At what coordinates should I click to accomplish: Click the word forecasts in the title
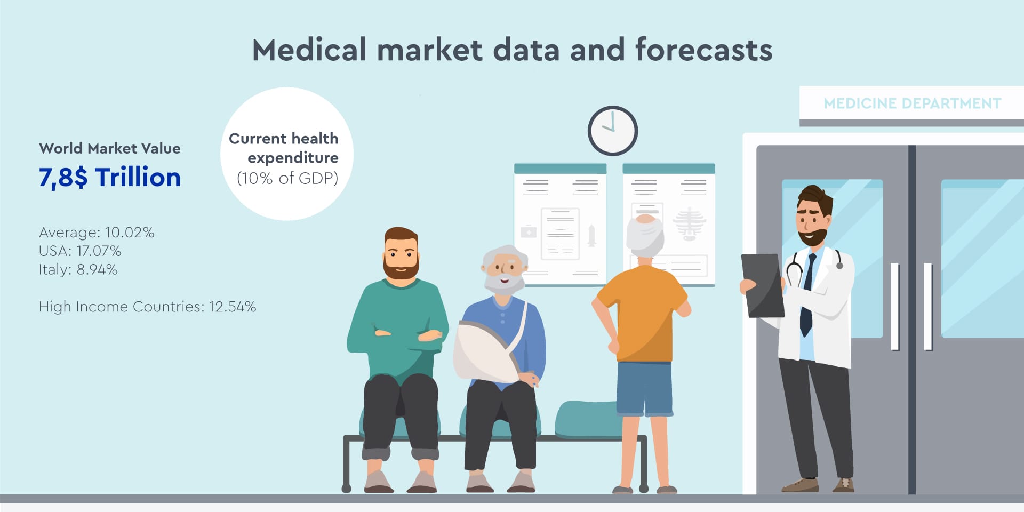[703, 50]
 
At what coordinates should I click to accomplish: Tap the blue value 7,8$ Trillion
[110, 177]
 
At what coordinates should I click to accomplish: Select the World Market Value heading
[110, 148]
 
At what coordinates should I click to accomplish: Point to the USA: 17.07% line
[80, 251]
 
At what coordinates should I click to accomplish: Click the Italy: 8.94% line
[78, 269]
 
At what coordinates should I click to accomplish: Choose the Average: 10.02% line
[97, 233]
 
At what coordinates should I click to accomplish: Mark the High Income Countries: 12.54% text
[148, 307]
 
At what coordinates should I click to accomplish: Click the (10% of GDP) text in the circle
[287, 178]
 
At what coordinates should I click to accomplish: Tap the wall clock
[613, 131]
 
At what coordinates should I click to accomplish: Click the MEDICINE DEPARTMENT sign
[912, 103]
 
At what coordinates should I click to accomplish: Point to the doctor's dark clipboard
[763, 285]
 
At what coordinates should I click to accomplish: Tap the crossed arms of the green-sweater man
[408, 335]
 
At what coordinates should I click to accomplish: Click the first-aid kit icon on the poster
[529, 231]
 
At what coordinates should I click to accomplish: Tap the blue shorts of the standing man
[644, 388]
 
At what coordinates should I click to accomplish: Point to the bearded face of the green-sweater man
[401, 256]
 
